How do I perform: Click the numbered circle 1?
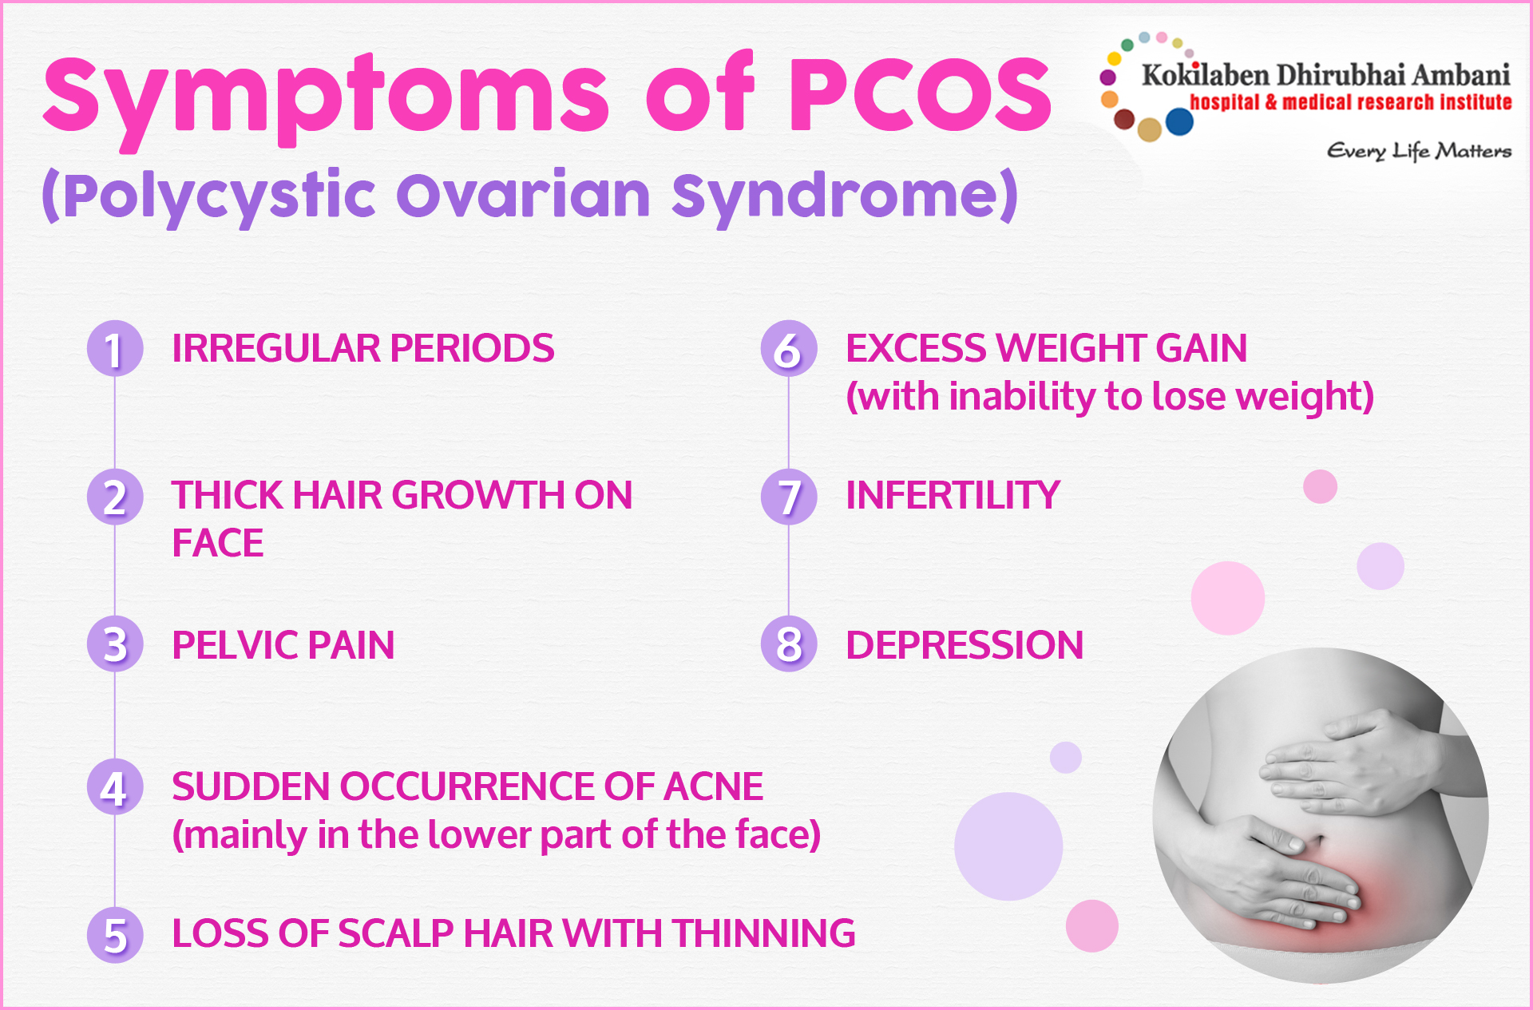115,348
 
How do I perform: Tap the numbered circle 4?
115,786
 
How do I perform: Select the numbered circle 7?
789,496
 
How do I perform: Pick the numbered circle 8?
789,644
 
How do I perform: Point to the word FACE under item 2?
218,544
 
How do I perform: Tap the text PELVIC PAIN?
283,645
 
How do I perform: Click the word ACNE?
713,786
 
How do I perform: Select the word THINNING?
763,933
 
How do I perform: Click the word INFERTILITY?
953,495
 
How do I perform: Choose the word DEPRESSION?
965,645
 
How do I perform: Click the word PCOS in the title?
921,94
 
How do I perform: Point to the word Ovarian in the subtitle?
524,195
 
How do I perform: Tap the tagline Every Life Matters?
1419,151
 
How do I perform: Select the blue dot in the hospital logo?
1179,122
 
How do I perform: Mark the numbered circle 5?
115,935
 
